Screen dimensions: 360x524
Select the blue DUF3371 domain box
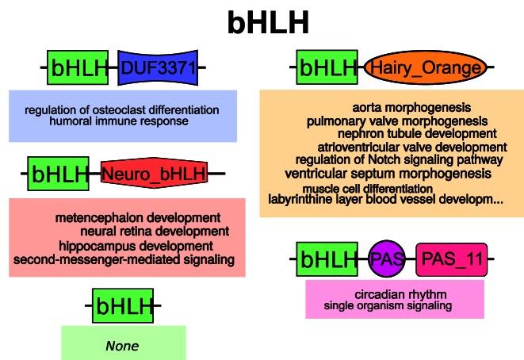[x=157, y=68]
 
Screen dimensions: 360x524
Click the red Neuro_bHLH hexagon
[x=154, y=173]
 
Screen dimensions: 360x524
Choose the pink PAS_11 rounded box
[x=451, y=259]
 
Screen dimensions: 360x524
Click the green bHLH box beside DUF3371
[x=78, y=68]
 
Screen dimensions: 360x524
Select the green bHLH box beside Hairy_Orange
[x=327, y=68]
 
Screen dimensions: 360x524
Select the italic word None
[x=122, y=346]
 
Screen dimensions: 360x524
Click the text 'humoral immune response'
[x=119, y=121]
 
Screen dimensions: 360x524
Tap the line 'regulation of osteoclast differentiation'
[x=122, y=109]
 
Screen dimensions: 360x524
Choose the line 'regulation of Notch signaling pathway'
[x=388, y=160]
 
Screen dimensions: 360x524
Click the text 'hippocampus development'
[x=136, y=245]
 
